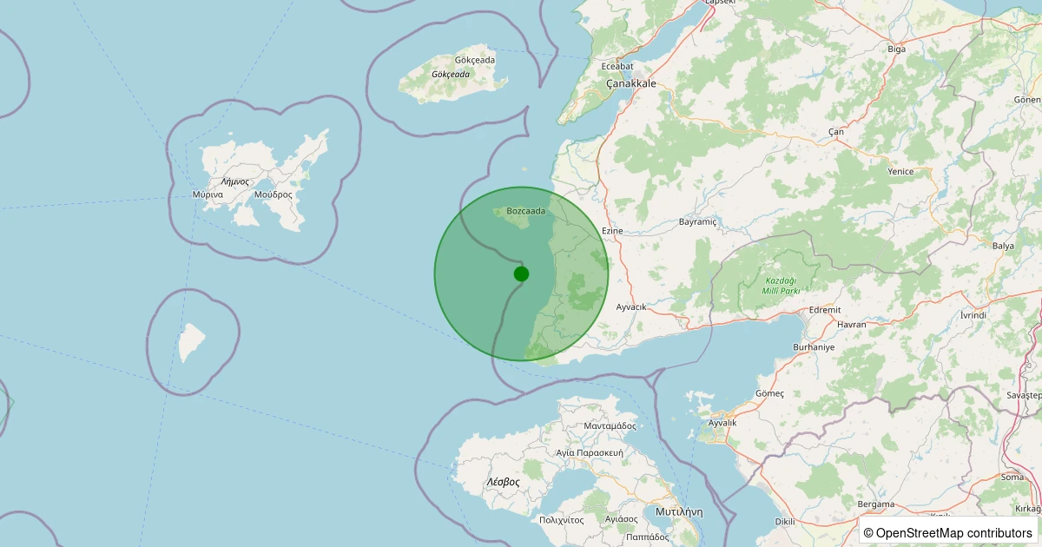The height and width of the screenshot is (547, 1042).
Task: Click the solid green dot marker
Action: coord(521,273)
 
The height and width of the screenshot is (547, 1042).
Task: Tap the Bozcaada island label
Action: coord(526,211)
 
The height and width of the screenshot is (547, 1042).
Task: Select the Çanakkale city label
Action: coord(630,84)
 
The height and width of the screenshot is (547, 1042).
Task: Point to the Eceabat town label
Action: coord(617,66)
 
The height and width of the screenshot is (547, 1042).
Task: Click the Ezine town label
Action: coord(613,231)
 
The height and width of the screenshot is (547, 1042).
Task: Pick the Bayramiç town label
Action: coord(698,222)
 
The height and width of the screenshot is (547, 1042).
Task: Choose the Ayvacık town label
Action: coord(631,307)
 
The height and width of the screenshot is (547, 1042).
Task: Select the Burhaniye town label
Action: coord(814,347)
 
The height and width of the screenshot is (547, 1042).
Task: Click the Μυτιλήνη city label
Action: coord(679,511)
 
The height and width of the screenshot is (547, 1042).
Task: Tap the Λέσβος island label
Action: coord(503,482)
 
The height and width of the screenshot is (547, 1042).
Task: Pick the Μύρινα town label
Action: coord(208,194)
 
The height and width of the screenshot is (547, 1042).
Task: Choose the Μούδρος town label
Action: coord(274,194)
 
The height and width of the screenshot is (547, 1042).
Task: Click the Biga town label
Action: coord(896,49)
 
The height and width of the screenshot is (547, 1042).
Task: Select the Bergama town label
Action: coord(875,504)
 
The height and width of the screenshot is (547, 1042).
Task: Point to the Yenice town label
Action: coord(900,172)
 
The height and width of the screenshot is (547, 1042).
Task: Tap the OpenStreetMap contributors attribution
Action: coord(948,532)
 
